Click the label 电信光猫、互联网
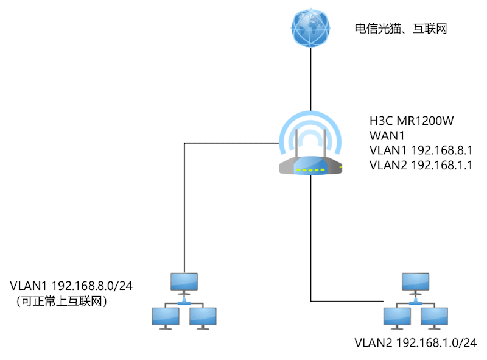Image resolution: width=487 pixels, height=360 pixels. pyautogui.click(x=401, y=28)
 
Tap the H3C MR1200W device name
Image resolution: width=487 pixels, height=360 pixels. pyautogui.click(x=412, y=121)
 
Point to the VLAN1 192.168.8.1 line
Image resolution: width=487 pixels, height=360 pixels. pyautogui.click(x=421, y=150)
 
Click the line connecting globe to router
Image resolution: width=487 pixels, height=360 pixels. pyautogui.click(x=311, y=79)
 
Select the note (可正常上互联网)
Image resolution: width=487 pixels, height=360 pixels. pyautogui.click(x=61, y=300)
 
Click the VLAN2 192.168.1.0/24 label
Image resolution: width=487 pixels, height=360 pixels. pyautogui.click(x=416, y=342)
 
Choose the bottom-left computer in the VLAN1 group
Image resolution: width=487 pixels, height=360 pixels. pyautogui.click(x=165, y=317)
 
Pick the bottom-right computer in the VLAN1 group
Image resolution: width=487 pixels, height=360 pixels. pyautogui.click(x=203, y=317)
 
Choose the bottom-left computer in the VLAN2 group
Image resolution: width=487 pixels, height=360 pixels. pyautogui.click(x=397, y=317)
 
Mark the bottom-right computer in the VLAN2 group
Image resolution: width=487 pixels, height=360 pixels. pyautogui.click(x=435, y=317)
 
